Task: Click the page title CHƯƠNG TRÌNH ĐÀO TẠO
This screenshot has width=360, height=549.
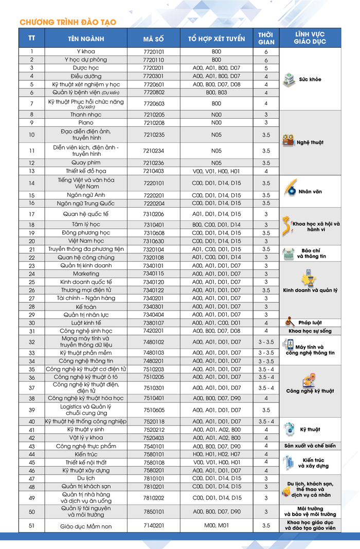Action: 68,22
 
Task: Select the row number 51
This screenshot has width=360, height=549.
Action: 32,525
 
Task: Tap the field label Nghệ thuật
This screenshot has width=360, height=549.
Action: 310,142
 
